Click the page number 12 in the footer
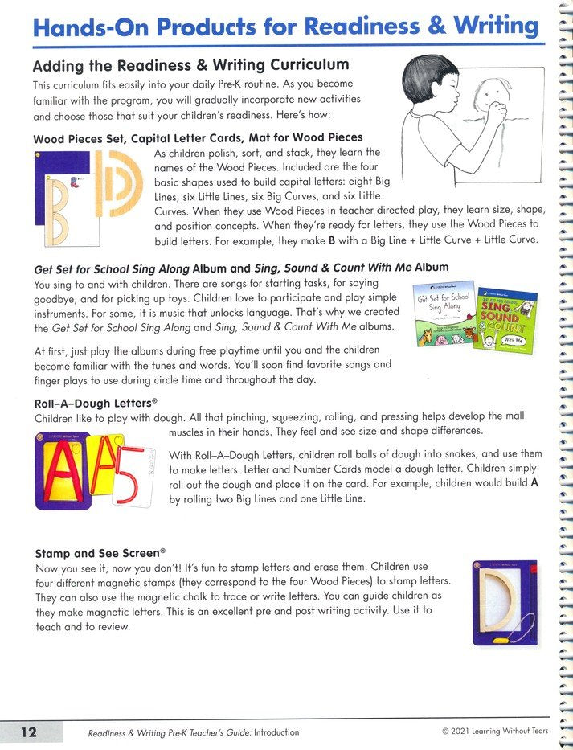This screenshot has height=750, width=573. [x=29, y=732]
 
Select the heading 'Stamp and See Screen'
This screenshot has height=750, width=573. [x=100, y=553]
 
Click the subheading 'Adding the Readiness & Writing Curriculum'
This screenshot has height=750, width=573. [x=191, y=65]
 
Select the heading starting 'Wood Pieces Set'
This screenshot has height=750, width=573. [x=198, y=137]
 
